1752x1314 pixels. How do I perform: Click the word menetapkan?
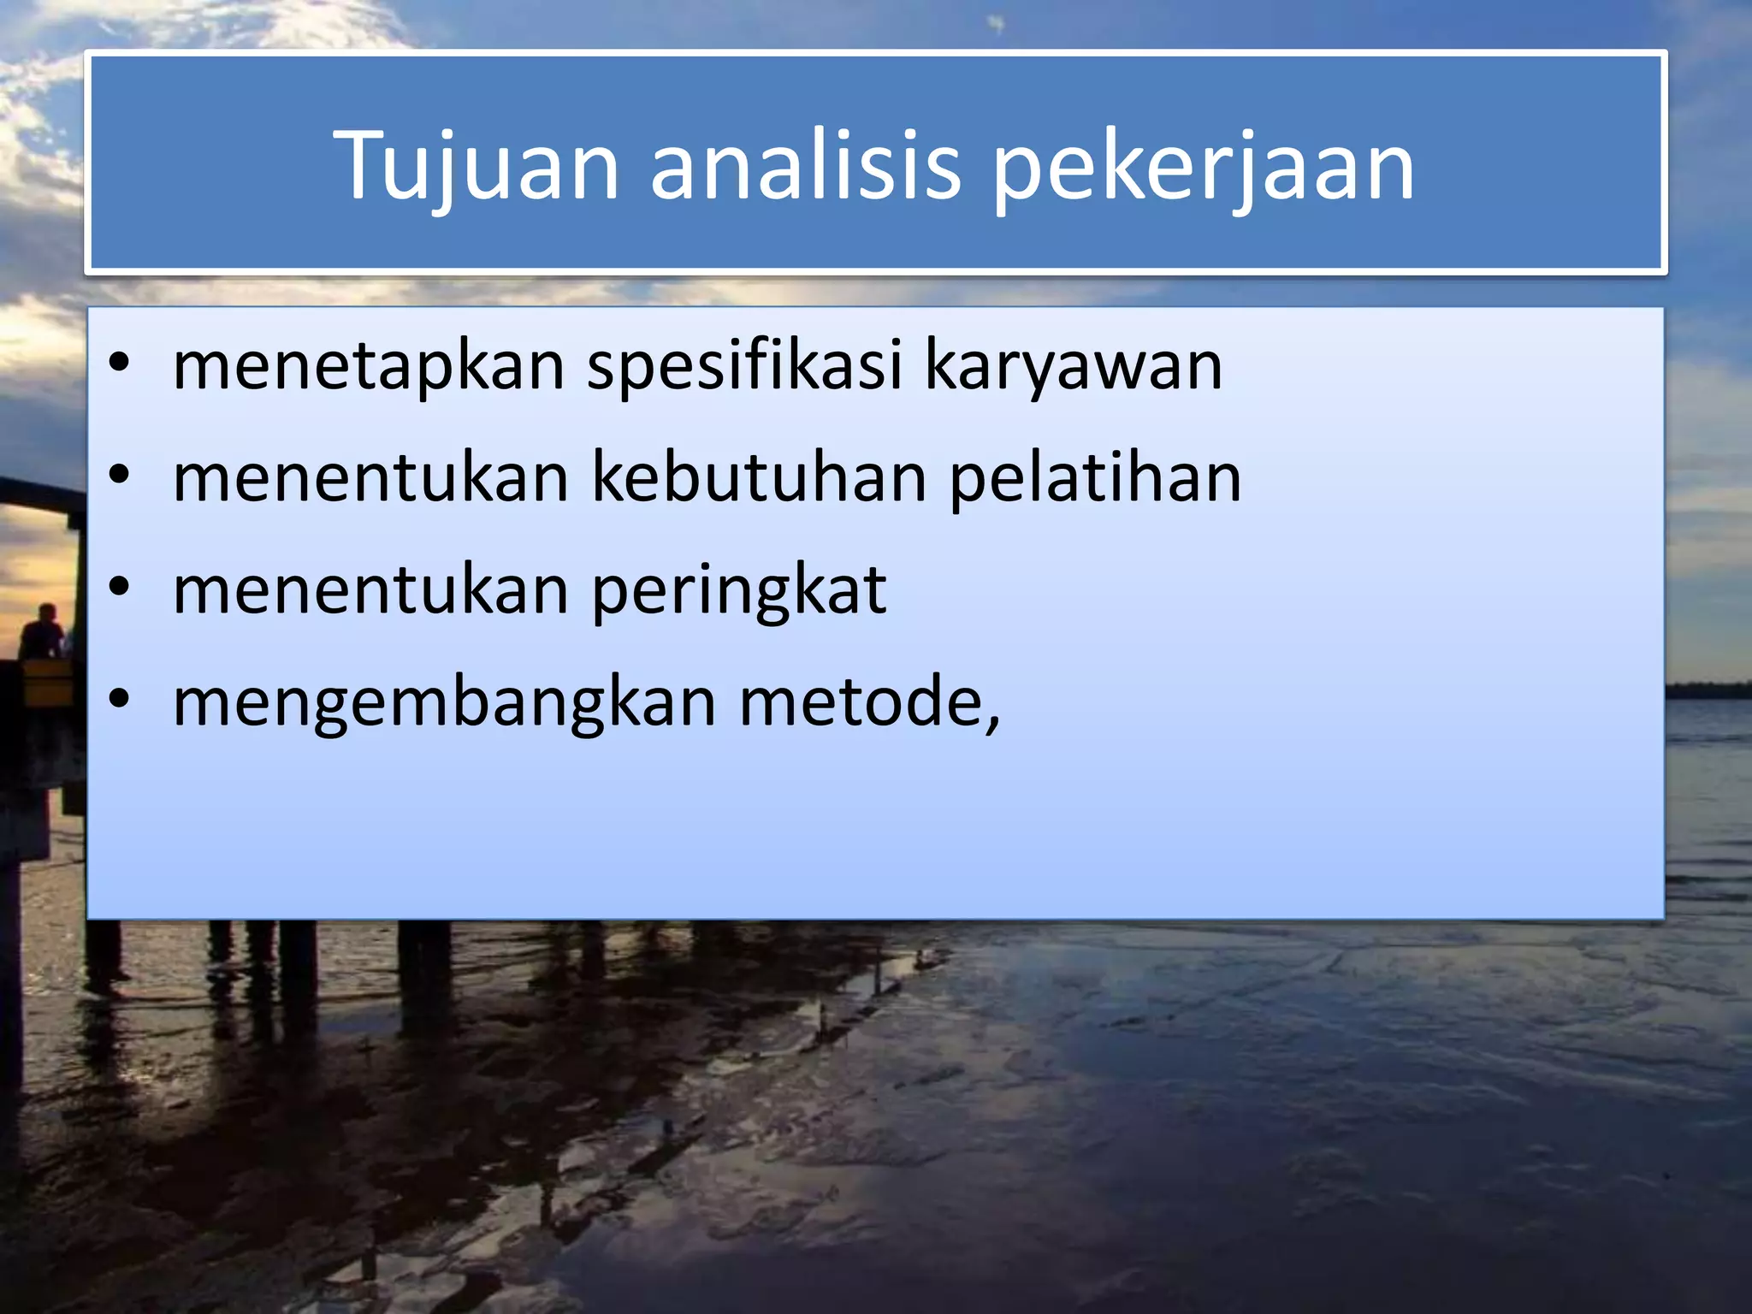(369, 365)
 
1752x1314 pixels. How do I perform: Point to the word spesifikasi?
(744, 365)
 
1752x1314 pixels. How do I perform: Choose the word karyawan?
(1074, 365)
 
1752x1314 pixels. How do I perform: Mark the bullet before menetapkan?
(120, 363)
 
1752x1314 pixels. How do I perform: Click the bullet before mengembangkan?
(120, 699)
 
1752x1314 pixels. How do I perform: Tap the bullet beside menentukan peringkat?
(120, 587)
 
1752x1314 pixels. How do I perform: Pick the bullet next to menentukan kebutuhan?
(120, 475)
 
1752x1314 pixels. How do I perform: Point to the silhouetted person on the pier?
(43, 632)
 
